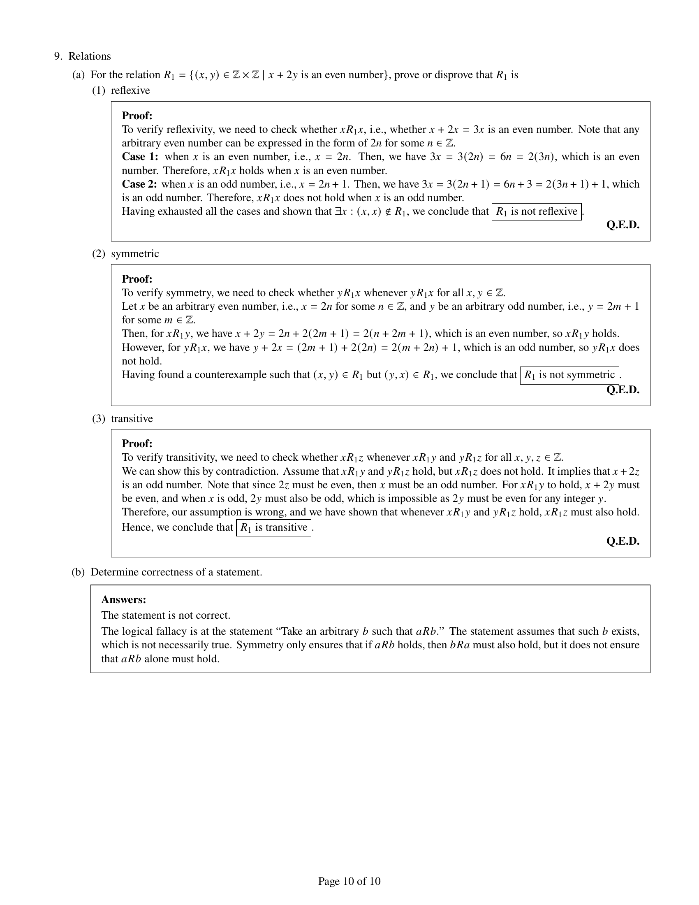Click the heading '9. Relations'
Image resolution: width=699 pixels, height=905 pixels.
click(82, 56)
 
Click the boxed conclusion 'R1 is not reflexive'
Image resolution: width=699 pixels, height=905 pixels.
click(536, 212)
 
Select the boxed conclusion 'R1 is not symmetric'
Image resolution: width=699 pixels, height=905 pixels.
click(569, 375)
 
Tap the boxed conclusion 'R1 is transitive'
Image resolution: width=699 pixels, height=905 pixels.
click(274, 527)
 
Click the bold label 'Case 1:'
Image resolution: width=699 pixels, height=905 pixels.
click(140, 157)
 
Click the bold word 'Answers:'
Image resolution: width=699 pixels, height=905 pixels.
click(123, 600)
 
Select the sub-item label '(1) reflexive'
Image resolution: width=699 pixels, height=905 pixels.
click(121, 90)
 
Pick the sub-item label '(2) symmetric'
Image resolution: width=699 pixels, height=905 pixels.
click(125, 253)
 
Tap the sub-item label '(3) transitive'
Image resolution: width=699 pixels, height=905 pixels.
click(123, 418)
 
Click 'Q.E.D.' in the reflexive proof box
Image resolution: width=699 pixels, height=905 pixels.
click(623, 225)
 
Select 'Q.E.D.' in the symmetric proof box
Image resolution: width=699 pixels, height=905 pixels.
click(623, 390)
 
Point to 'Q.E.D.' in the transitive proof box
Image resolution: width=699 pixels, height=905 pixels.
click(623, 541)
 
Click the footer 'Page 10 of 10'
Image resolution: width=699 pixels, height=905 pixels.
click(349, 881)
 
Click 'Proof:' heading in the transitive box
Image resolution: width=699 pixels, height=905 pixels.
click(137, 443)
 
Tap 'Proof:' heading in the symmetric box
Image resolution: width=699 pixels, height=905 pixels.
click(137, 279)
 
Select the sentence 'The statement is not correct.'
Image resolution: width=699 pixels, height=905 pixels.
click(166, 615)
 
